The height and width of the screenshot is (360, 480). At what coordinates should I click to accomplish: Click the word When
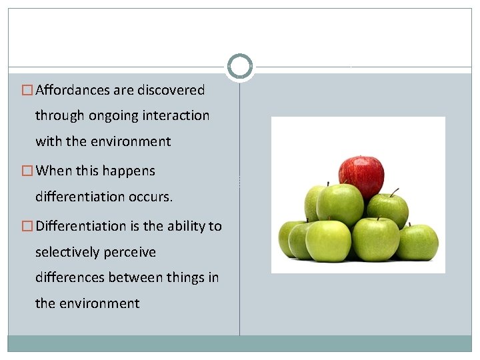tap(53, 171)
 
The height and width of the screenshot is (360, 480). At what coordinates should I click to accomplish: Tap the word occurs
tap(154, 197)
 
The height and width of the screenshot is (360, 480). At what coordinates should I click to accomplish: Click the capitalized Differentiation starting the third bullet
tap(79, 226)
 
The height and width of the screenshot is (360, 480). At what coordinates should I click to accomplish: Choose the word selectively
tap(68, 253)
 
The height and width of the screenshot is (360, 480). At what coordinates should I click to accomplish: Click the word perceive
tap(131, 253)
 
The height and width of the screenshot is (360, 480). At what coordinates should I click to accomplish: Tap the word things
tap(182, 278)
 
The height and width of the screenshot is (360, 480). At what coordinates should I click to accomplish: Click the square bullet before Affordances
tap(27, 90)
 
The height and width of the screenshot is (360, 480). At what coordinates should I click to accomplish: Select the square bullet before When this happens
tap(27, 171)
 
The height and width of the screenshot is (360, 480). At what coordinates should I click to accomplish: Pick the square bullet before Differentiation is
tap(27, 226)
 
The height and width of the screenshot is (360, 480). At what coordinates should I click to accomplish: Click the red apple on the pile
tap(361, 175)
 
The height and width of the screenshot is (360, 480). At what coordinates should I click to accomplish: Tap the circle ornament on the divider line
tap(240, 67)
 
